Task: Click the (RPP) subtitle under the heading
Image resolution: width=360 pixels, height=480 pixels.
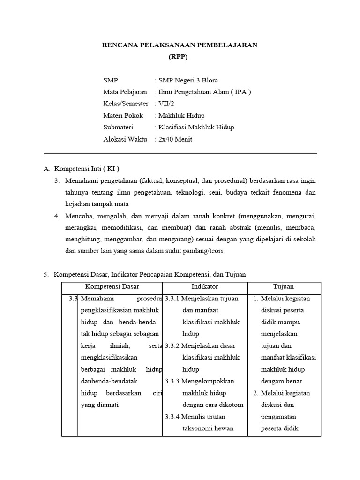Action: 180,57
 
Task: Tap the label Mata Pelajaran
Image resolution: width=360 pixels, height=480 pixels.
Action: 125,92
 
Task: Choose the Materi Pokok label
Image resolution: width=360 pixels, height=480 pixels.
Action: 123,115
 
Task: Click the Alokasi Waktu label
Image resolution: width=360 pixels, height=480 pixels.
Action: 125,139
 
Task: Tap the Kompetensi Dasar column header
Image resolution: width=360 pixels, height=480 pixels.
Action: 112,286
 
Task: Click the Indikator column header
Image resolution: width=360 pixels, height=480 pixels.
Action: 205,286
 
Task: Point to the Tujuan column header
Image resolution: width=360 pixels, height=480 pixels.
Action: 284,286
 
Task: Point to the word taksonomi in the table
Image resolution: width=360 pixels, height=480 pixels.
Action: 198,428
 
